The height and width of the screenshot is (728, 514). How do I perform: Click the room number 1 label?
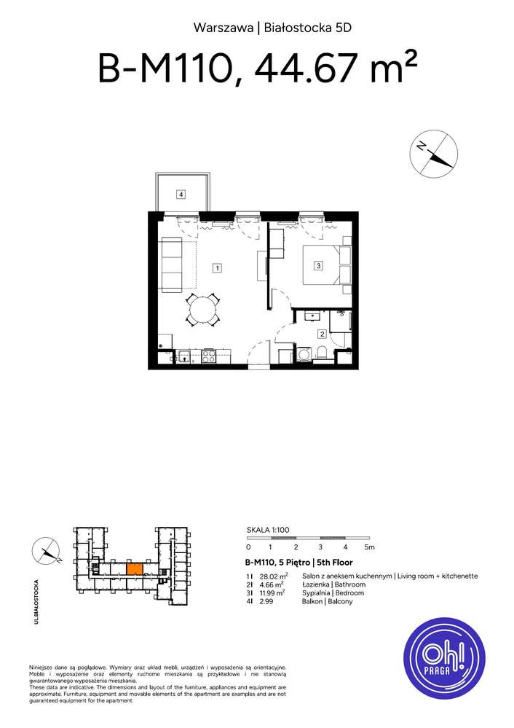tap(217, 268)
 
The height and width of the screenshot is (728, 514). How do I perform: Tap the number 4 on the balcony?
tap(181, 194)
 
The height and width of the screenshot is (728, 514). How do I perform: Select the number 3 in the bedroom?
tap(319, 266)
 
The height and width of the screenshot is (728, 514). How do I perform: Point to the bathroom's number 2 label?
tap(322, 334)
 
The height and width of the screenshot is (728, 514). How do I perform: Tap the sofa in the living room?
tap(173, 265)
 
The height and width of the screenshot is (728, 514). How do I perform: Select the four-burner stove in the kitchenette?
tap(208, 356)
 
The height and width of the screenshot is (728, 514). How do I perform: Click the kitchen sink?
tap(185, 356)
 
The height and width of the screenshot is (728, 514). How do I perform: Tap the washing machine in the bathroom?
tap(303, 355)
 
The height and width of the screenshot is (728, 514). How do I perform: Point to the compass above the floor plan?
tap(434, 153)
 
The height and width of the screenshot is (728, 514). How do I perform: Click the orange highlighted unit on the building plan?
tap(135, 568)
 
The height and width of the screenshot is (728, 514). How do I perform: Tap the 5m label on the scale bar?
tap(369, 547)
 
